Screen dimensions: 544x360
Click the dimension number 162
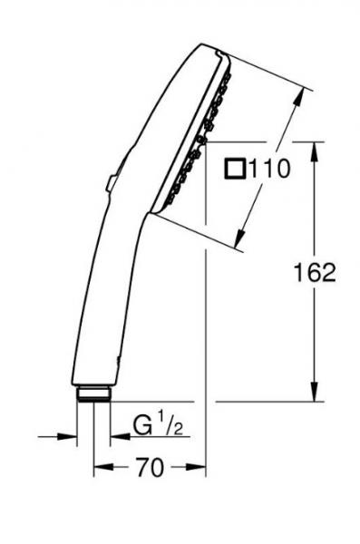(315, 272)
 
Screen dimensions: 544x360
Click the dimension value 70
(152, 468)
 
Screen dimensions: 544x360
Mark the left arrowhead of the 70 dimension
(99, 468)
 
